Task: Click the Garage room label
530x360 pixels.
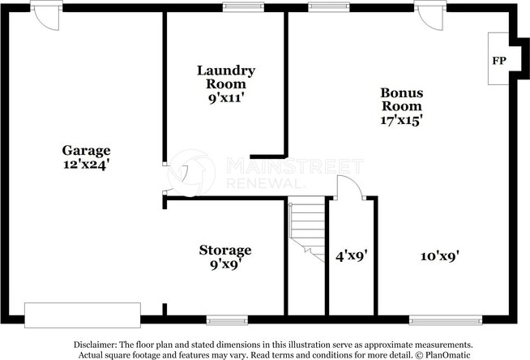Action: pyautogui.click(x=86, y=150)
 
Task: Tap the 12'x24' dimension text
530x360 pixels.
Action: pyautogui.click(x=86, y=165)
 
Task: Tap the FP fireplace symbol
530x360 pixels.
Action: pyautogui.click(x=498, y=61)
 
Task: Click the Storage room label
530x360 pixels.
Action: pyautogui.click(x=225, y=250)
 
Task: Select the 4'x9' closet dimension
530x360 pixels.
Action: pyautogui.click(x=350, y=255)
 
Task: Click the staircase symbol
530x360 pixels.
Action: pyautogui.click(x=306, y=228)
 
